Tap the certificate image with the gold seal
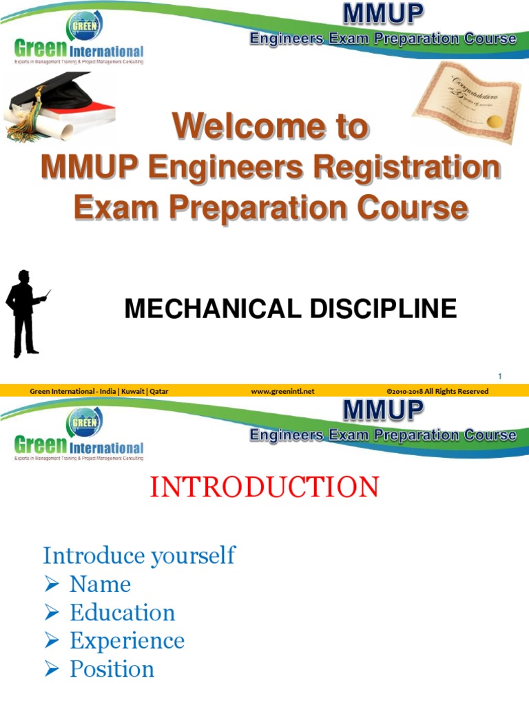pos(466,102)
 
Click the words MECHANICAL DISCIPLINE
pos(290,309)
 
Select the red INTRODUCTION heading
pos(264,487)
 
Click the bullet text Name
pos(100,585)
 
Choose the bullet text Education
pos(122,613)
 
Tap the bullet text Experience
pos(127,641)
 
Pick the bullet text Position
pos(112,669)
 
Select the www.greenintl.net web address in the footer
pos(282,391)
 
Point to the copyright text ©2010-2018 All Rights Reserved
pos(437,391)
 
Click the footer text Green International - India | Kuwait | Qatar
pos(99,391)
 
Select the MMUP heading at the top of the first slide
pos(384,14)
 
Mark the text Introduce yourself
pos(139,555)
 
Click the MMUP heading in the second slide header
pos(384,410)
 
